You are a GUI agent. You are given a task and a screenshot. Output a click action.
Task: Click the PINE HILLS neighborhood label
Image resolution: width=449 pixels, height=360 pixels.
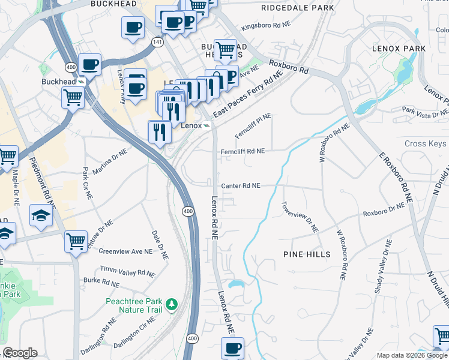coord(307,254)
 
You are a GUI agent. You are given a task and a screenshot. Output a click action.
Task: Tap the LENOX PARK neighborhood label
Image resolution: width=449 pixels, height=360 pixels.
coord(399,48)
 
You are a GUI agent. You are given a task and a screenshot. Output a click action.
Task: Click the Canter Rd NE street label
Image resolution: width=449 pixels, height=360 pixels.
coord(240,186)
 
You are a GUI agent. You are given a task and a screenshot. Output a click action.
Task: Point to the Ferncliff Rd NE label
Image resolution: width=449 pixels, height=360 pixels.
coord(243,152)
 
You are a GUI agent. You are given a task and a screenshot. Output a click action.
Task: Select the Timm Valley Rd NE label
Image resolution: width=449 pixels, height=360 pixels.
coord(127,272)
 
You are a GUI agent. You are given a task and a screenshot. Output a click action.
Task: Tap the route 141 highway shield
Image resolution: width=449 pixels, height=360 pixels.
coord(157,42)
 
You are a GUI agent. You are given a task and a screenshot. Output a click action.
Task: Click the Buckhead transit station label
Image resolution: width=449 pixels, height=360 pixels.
coord(59,81)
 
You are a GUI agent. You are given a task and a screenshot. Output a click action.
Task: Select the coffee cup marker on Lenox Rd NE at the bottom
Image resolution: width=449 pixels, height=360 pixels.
coord(232,348)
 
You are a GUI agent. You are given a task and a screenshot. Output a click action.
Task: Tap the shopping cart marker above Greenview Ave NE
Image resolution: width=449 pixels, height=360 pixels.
coord(76,242)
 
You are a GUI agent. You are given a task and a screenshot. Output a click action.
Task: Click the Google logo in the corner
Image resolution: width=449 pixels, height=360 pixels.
coord(19,353)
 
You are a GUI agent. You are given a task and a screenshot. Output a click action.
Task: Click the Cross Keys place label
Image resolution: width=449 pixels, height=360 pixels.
coord(425,144)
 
